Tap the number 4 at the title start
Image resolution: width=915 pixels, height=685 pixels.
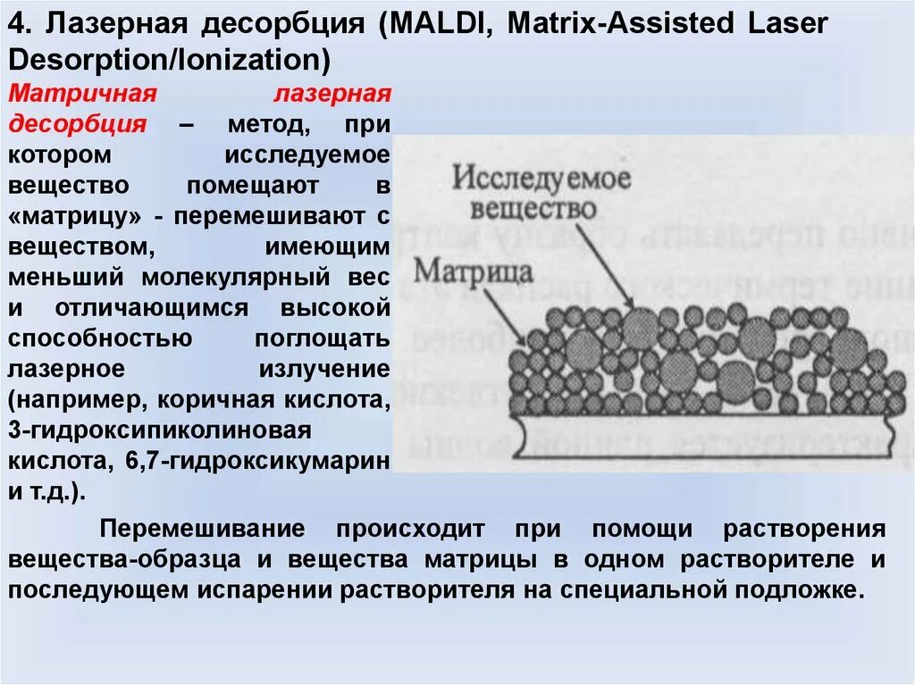pyautogui.click(x=17, y=24)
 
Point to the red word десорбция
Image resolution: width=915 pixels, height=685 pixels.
pyautogui.click(x=78, y=124)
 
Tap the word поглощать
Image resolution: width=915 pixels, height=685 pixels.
pyautogui.click(x=323, y=338)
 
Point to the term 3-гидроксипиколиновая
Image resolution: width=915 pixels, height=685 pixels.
pyautogui.click(x=160, y=430)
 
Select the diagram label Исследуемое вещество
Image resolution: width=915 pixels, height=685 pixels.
pyautogui.click(x=541, y=193)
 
